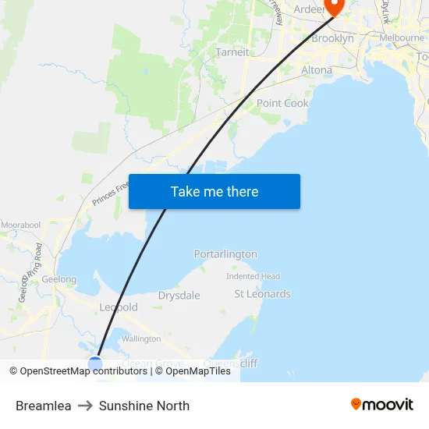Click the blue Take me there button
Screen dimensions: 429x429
(214, 192)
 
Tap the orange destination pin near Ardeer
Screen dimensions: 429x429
(335, 7)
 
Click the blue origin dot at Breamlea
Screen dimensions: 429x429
(95, 363)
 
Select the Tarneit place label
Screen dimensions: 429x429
(232, 52)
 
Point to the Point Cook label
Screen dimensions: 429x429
(282, 103)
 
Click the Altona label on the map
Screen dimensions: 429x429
(316, 70)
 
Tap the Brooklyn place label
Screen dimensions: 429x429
(332, 38)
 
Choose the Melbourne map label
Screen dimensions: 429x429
(402, 37)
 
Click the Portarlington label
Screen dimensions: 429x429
(225, 254)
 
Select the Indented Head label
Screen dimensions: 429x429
(253, 276)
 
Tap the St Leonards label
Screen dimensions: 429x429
(263, 294)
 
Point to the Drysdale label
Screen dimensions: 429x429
(179, 296)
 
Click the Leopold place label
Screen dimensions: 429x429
(119, 307)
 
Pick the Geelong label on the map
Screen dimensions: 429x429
(58, 279)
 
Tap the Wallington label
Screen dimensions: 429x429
(141, 339)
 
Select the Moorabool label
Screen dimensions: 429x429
(20, 225)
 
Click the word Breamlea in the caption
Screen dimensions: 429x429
(44, 406)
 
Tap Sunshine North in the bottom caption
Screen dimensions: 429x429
(144, 406)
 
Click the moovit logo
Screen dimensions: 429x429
(382, 404)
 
